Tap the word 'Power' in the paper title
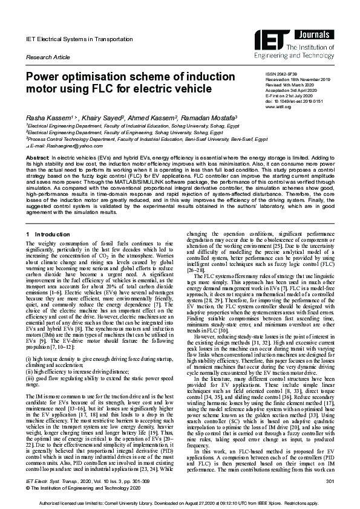coord(42,77)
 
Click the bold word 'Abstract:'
coord(37,157)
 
